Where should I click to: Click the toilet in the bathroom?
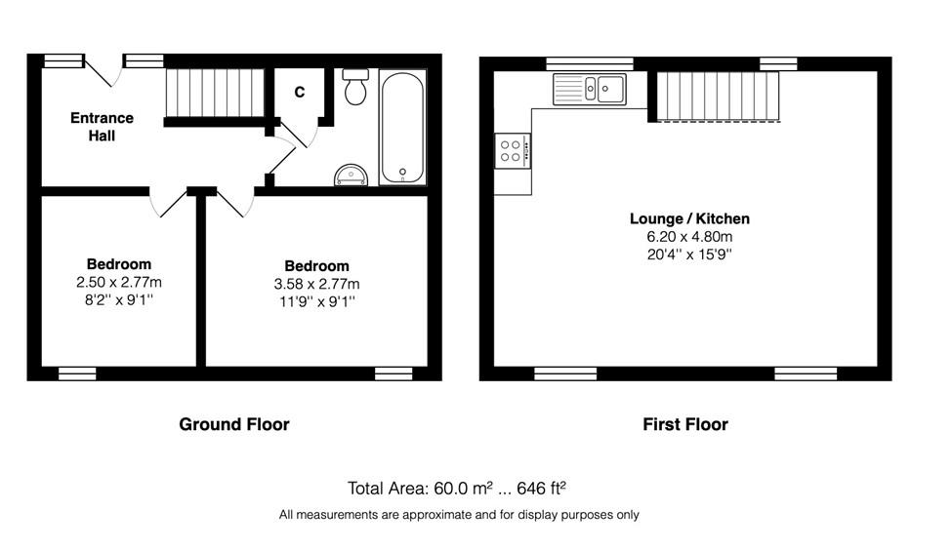[x=355, y=87]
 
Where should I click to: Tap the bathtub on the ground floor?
[x=402, y=128]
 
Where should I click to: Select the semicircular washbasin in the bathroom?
[x=351, y=176]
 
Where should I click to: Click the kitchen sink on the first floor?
[x=590, y=89]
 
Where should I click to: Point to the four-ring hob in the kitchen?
[x=513, y=151]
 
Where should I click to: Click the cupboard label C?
[x=300, y=93]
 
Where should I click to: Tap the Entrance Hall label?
[x=102, y=127]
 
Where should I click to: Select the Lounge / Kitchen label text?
[x=689, y=218]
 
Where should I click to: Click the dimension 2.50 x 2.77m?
[x=119, y=282]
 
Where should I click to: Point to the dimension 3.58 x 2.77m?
[x=316, y=284]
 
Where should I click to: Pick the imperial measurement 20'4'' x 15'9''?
[x=689, y=255]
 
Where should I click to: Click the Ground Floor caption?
[x=233, y=424]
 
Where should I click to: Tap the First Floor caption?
[x=685, y=424]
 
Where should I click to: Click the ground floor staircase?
[x=215, y=93]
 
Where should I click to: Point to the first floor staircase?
[x=718, y=97]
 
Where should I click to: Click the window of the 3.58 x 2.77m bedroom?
[x=393, y=373]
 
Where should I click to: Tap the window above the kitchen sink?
[x=590, y=63]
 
